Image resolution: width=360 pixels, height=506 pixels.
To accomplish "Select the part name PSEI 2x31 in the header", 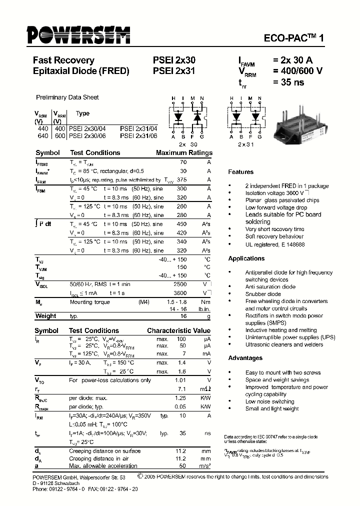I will click(174, 71).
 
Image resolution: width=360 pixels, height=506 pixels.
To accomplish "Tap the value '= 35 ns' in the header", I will click(288, 82).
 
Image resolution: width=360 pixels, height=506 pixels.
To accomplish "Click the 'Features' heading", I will click(240, 172).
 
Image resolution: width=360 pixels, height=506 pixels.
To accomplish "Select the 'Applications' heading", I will click(246, 258).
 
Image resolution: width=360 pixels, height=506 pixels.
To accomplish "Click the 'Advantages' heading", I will click(245, 358).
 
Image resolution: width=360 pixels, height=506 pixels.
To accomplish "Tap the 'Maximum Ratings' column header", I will click(183, 153).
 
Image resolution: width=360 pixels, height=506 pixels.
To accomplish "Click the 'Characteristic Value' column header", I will click(178, 331).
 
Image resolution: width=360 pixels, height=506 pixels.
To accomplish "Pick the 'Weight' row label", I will click(45, 316).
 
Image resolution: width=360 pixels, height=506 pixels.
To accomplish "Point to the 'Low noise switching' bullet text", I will click(269, 401).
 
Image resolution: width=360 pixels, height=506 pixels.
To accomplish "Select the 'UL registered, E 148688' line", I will click(274, 244).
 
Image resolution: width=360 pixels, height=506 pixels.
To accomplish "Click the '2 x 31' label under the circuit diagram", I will click(245, 144).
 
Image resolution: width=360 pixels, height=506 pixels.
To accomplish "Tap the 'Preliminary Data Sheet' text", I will click(67, 97).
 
